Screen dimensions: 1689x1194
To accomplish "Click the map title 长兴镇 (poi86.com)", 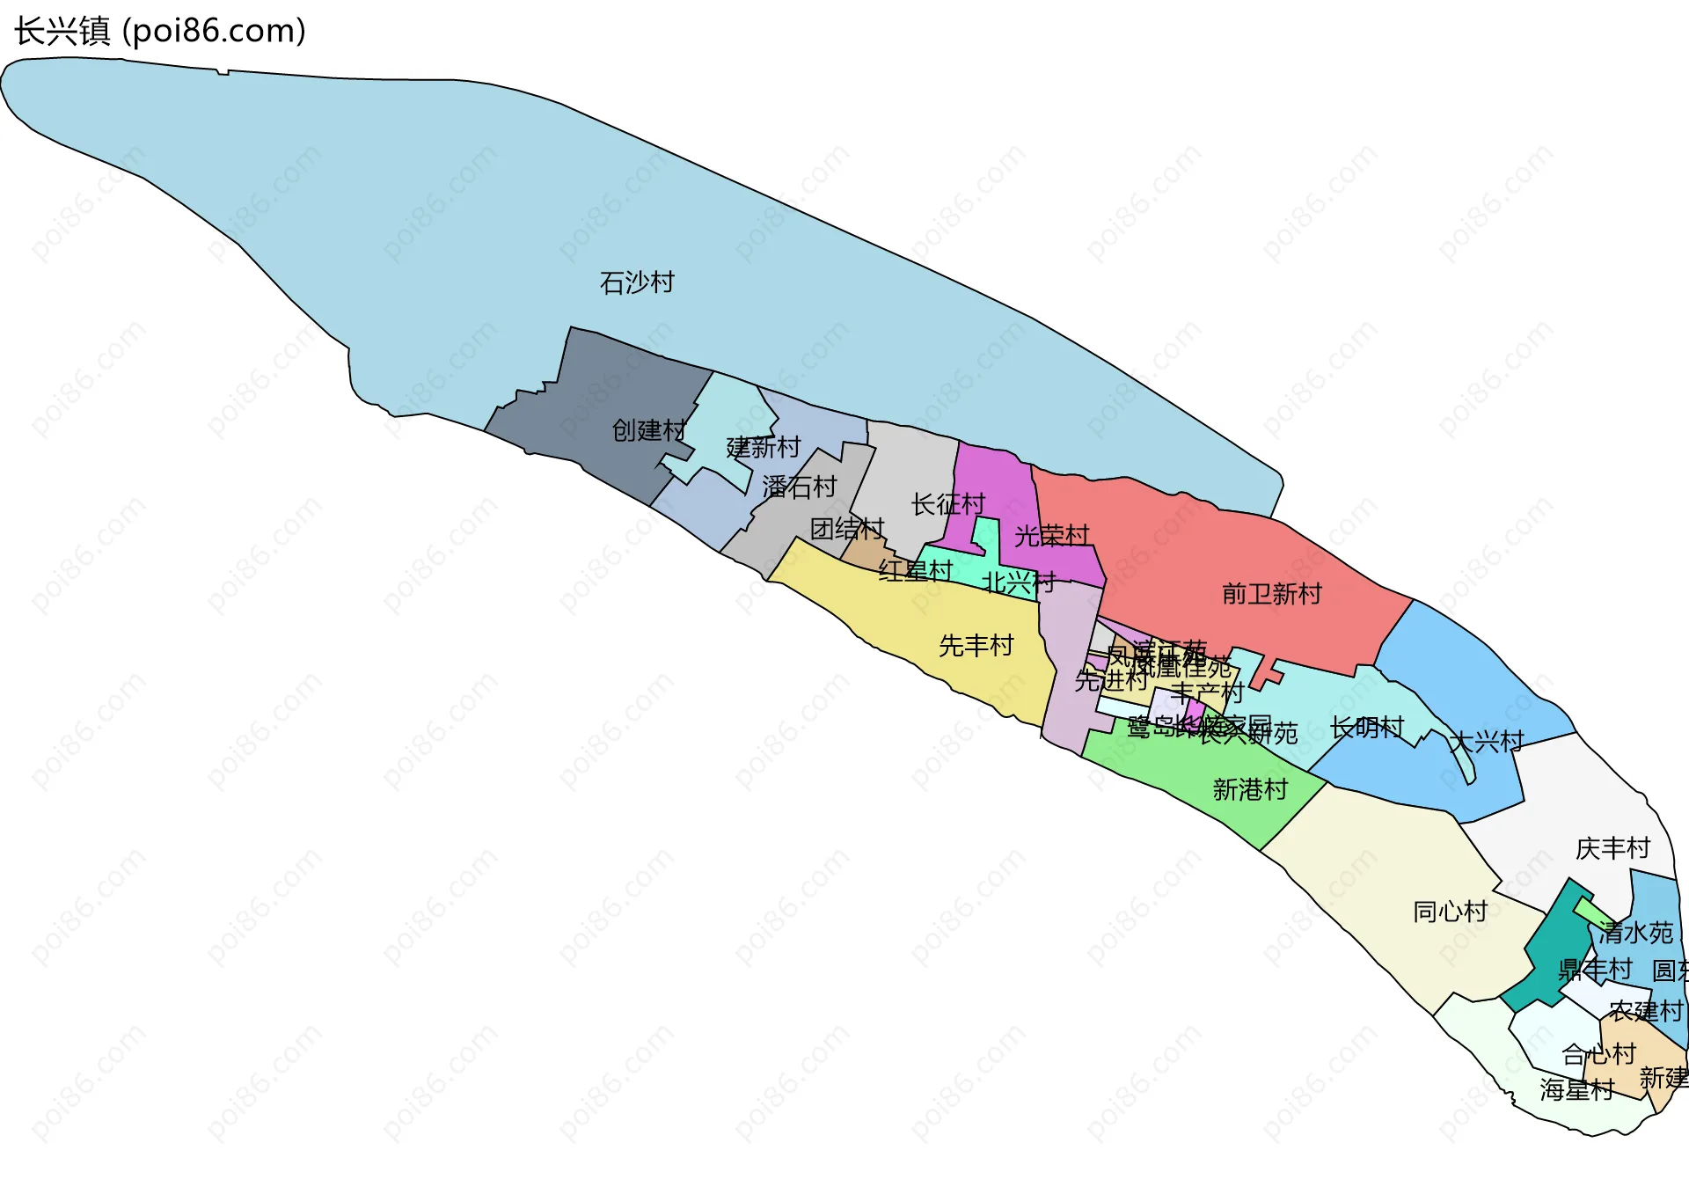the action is (x=160, y=32).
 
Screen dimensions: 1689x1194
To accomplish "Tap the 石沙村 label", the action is (x=637, y=282).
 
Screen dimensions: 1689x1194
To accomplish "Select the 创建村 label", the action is (x=649, y=430).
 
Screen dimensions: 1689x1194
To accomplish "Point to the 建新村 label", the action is (x=764, y=448).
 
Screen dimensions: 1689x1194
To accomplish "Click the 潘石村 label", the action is (x=799, y=487).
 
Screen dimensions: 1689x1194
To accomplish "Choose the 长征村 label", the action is (x=948, y=504).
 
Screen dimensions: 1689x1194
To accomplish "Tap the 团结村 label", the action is (x=847, y=529).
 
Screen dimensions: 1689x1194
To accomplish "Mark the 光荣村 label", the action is (x=1052, y=535).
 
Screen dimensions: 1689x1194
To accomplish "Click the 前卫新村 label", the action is (x=1272, y=594).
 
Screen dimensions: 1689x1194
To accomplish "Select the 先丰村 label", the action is (x=976, y=646).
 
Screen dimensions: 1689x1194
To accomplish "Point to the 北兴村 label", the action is (x=1019, y=582).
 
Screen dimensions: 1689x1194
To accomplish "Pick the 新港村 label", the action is (x=1250, y=789).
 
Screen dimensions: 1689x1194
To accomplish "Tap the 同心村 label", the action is (x=1451, y=911).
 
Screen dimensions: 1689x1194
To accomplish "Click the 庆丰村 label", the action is (x=1612, y=848).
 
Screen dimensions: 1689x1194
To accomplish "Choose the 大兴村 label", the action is (x=1488, y=741).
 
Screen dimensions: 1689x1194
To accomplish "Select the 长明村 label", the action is (x=1367, y=728).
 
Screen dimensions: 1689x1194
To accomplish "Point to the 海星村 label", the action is (x=1577, y=1089).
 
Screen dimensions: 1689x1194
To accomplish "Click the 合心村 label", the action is (x=1598, y=1053).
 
